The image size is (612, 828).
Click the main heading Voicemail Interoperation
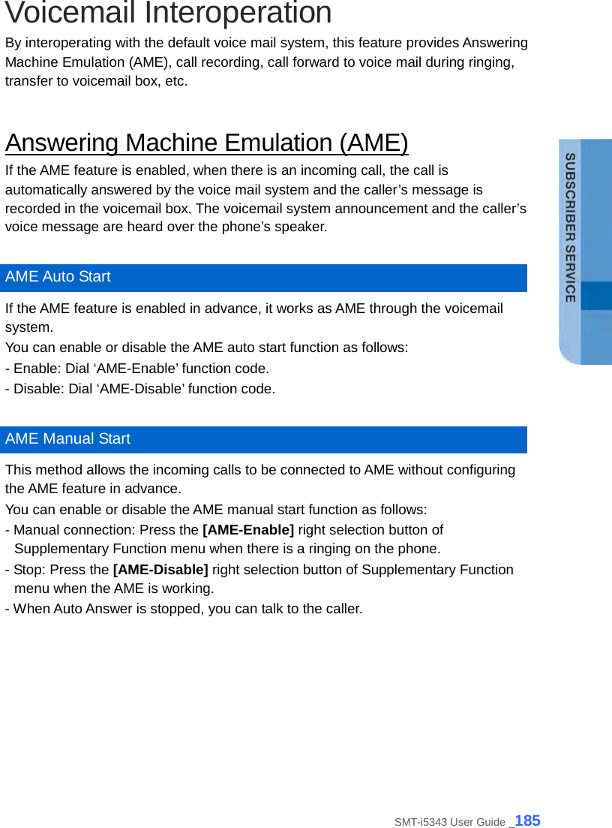click(x=168, y=14)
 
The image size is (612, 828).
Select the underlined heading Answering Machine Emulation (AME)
click(x=206, y=143)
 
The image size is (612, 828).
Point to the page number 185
click(x=528, y=820)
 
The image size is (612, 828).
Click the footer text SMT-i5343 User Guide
click(x=449, y=822)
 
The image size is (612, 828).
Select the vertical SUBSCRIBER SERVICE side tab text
click(x=570, y=227)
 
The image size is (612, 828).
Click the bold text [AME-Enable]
click(x=248, y=530)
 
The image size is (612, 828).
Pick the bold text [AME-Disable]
click(x=160, y=570)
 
